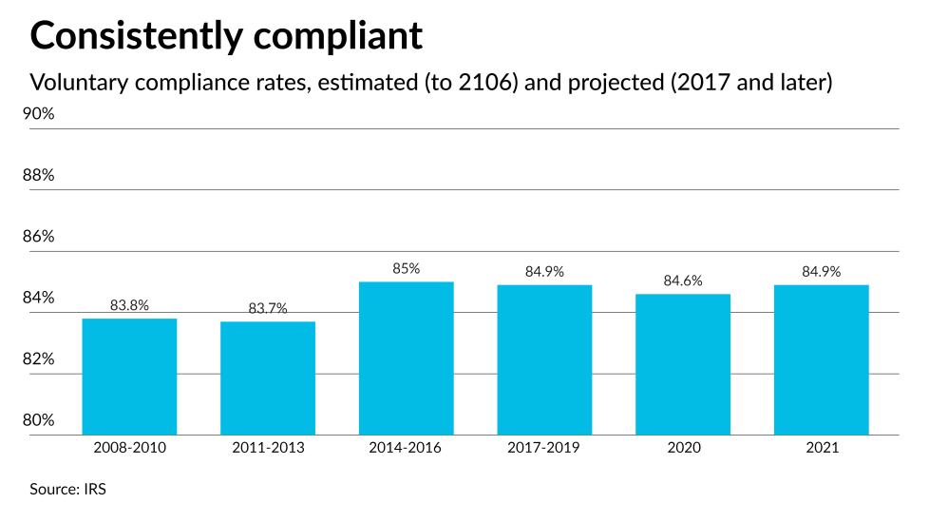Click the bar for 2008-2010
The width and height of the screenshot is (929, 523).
pos(129,377)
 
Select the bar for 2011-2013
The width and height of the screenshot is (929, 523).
pos(268,378)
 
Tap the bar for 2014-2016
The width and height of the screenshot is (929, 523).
pos(406,358)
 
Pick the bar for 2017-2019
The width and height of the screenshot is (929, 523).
pos(544,359)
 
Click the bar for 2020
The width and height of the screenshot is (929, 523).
pos(683,364)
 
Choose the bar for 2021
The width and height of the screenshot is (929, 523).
pos(821,359)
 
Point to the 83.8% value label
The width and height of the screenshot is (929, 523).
pos(129,305)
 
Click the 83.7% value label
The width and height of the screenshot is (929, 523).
pos(268,308)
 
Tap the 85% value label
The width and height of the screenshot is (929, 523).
pos(406,269)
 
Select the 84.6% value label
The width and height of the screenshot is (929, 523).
pos(683,281)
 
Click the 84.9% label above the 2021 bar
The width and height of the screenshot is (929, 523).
pos(821,271)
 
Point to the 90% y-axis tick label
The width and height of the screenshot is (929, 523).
pos(39,114)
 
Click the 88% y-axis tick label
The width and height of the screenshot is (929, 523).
pos(39,176)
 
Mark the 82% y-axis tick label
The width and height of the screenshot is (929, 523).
pos(39,359)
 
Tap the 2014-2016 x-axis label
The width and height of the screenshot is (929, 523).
pos(406,448)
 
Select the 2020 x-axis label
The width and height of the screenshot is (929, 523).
pos(683,448)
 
